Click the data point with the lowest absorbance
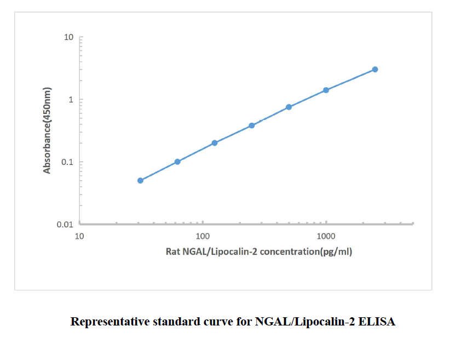(x=140, y=180)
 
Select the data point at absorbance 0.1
(x=177, y=162)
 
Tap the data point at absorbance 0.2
(x=215, y=143)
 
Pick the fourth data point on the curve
(x=252, y=125)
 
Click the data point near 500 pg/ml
(x=289, y=107)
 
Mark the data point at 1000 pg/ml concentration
(x=326, y=90)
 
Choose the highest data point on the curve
(x=375, y=70)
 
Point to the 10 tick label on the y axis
(x=68, y=37)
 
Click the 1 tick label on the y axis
(x=71, y=100)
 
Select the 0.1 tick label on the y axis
(x=67, y=162)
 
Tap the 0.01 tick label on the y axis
(x=65, y=225)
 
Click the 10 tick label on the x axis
(x=79, y=237)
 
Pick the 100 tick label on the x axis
(x=203, y=237)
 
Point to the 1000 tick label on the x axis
(x=326, y=237)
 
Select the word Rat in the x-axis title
(x=173, y=252)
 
